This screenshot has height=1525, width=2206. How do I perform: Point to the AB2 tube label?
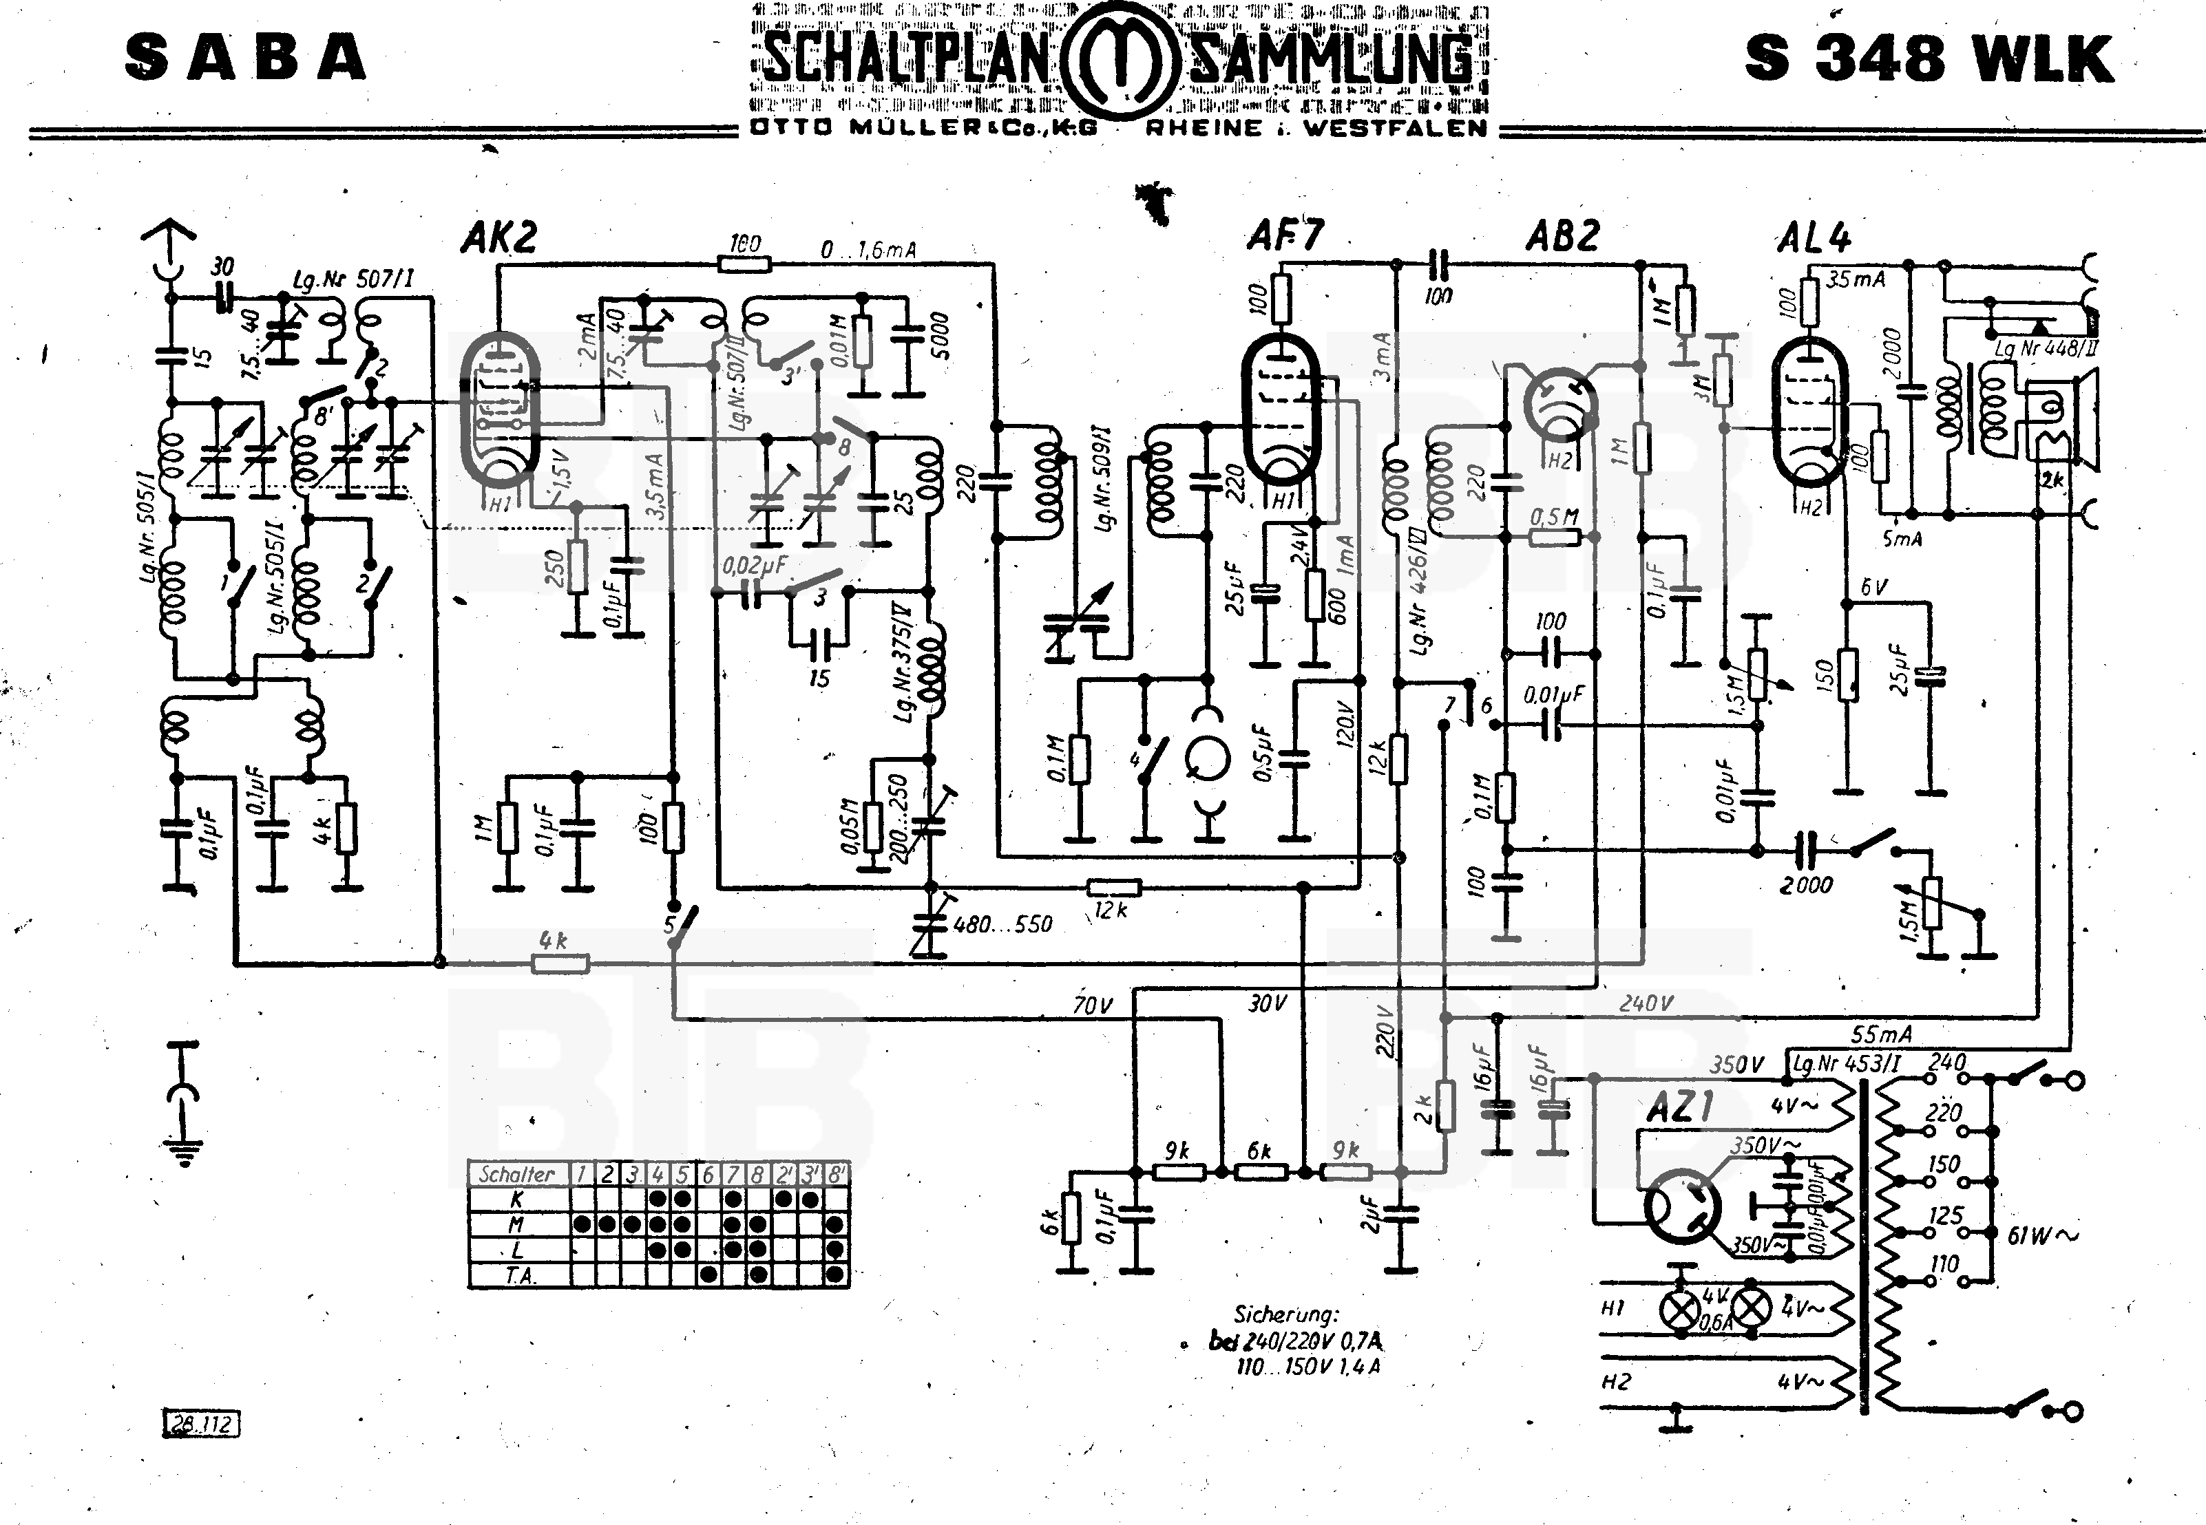click(1562, 236)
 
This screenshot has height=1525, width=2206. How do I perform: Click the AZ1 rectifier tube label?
click(1680, 1107)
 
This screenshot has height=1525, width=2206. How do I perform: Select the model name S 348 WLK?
click(1928, 58)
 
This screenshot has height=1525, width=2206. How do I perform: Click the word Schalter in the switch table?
click(517, 1174)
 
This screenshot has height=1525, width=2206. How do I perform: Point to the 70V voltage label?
click(1093, 1005)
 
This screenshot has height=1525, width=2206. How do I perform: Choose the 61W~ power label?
click(2041, 1235)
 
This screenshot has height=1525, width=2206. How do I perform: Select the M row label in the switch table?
click(517, 1225)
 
